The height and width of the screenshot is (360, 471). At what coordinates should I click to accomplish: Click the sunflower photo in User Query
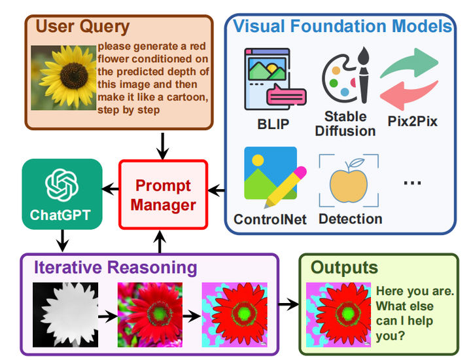[x=64, y=76]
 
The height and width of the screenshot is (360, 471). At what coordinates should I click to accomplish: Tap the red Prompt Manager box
[x=163, y=195]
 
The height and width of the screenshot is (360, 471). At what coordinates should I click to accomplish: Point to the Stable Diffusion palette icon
[x=345, y=77]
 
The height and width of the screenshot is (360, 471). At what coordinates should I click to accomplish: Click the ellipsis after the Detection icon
[x=412, y=183]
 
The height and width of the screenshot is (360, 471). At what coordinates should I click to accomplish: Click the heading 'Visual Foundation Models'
[x=343, y=27]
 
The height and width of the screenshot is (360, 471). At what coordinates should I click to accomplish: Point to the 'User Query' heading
[x=82, y=27]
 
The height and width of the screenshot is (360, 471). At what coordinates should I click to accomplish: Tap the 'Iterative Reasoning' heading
[x=115, y=267]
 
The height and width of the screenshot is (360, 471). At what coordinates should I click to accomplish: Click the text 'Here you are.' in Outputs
[x=414, y=291]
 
